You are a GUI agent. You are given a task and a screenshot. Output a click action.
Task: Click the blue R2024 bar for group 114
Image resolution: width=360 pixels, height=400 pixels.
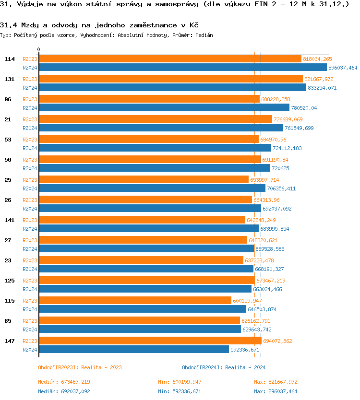coord(182,68)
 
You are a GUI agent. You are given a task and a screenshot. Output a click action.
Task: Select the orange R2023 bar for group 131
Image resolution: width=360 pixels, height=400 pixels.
coord(170,79)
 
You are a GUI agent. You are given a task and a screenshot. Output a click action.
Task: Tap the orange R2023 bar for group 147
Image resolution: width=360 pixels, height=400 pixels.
coord(150,341)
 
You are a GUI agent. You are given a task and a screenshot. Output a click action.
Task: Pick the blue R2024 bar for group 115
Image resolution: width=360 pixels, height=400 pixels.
coord(142,309)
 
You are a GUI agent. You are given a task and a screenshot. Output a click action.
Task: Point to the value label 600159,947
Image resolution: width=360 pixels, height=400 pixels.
coord(247,301)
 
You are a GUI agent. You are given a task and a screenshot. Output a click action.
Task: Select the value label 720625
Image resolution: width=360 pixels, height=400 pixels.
coord(284,168)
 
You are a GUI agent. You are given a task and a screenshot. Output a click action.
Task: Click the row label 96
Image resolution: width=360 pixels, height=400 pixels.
coord(8,99)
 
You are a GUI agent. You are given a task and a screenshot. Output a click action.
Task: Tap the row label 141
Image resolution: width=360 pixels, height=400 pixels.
coord(10,220)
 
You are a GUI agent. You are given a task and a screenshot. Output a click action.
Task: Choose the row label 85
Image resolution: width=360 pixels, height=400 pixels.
coord(8,321)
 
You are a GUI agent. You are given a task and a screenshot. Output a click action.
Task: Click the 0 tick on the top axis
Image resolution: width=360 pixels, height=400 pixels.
coord(39,49)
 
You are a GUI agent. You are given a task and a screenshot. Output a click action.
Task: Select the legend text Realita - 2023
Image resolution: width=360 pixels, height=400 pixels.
coord(102,367)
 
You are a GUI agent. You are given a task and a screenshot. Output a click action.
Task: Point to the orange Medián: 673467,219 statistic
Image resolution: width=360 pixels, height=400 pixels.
coord(64,382)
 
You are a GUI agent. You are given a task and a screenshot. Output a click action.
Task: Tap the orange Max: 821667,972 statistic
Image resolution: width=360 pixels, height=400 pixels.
coord(276,382)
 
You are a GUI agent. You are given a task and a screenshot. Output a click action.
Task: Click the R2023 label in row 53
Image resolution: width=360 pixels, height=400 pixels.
coord(30,140)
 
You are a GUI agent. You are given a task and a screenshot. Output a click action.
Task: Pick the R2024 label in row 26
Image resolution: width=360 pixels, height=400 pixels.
coord(30,209)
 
